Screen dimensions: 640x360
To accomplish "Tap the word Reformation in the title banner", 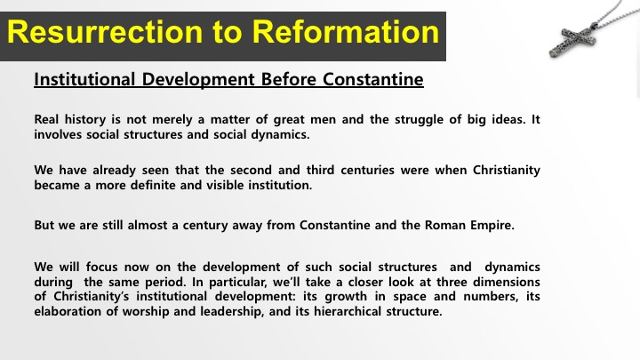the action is pyautogui.click(x=345, y=32).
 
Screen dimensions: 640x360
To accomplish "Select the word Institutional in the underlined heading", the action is pyautogui.click(x=84, y=79).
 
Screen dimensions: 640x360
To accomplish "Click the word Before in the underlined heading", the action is pyautogui.click(x=289, y=79).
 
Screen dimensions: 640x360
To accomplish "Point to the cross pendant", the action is pyautogui.click(x=573, y=41).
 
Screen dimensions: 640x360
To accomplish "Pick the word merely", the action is pyautogui.click(x=172, y=120).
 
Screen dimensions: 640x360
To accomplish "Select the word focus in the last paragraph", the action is pyautogui.click(x=102, y=267).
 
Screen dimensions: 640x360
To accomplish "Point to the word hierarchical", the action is pyautogui.click(x=348, y=311).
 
